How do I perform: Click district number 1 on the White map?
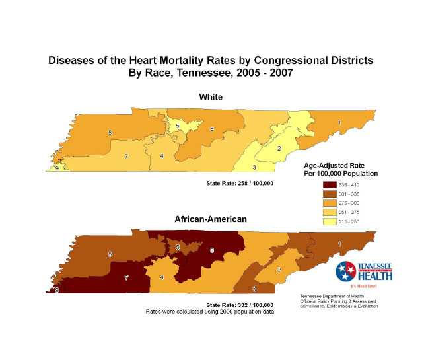click(x=339, y=122)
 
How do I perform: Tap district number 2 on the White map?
click(x=279, y=148)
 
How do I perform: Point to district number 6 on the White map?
click(x=212, y=129)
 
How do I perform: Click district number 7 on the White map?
click(x=126, y=157)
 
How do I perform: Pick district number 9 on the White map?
click(x=57, y=169)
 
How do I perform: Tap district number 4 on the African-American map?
click(x=162, y=277)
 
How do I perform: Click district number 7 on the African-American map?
click(x=126, y=279)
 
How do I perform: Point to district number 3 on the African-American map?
click(x=254, y=289)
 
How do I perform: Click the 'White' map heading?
click(x=211, y=97)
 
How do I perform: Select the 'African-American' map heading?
click(x=211, y=219)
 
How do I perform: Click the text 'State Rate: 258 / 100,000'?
click(x=240, y=182)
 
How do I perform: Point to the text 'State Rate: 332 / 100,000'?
click(x=240, y=305)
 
